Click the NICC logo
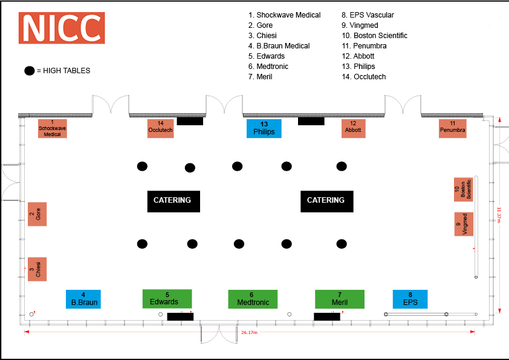tap(62, 28)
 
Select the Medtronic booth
tap(253, 299)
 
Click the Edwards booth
tap(167, 298)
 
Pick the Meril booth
tap(340, 299)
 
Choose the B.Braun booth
tap(83, 299)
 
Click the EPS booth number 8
tap(410, 299)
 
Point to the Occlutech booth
tap(160, 128)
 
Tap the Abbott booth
tap(353, 128)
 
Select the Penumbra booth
tap(453, 128)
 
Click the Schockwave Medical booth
tap(53, 128)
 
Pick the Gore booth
tap(37, 214)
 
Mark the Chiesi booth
tap(37, 269)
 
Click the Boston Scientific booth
tap(464, 190)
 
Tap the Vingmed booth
tap(464, 224)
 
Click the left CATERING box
tap(173, 200)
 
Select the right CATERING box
tap(327, 200)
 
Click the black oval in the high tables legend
tap(29, 71)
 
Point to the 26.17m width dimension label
tap(249, 333)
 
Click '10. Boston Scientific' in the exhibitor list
tap(374, 36)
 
